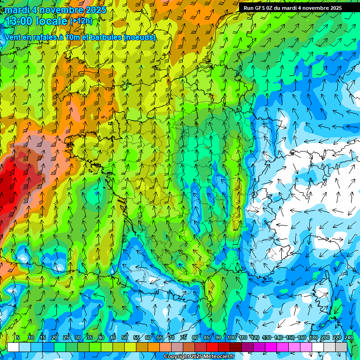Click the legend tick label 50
(125, 338)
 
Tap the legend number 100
(231, 338)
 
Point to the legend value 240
(349, 338)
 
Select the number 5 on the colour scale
(18, 338)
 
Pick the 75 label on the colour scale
(183, 338)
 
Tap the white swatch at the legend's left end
(13, 347)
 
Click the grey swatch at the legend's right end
(342, 347)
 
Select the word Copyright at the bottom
(177, 357)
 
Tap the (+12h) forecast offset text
(82, 21)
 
